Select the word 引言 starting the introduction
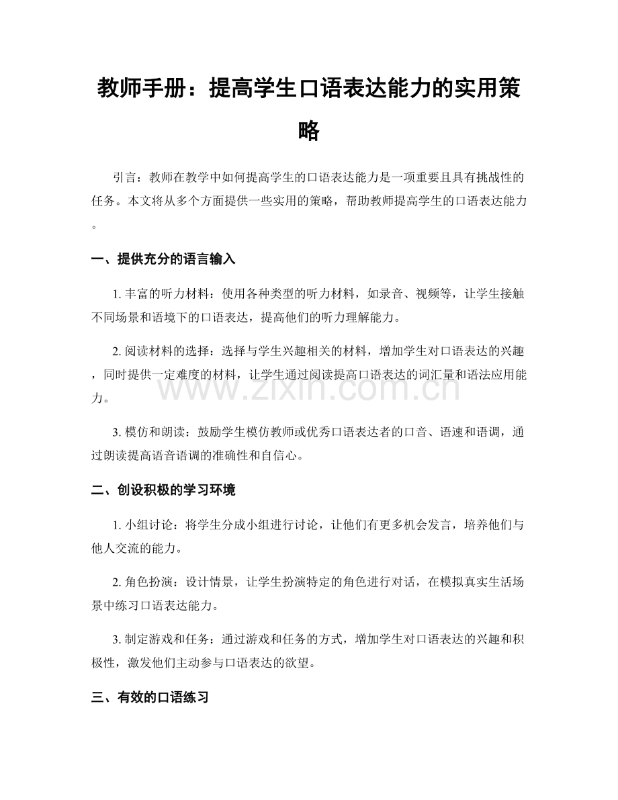(x=126, y=178)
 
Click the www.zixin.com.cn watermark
(x=309, y=390)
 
